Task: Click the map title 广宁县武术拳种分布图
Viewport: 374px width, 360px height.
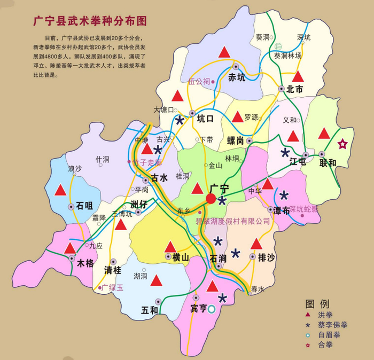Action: coord(90,21)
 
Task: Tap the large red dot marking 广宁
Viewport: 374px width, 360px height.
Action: coord(211,199)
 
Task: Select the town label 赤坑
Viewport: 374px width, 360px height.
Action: coord(237,77)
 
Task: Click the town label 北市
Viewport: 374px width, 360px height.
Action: coord(294,90)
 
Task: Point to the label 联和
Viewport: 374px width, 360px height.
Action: coord(328,162)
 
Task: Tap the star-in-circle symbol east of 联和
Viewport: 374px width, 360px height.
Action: coord(342,144)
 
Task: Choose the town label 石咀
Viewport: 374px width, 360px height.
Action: coord(84,206)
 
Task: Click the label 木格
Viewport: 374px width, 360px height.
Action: coord(85,263)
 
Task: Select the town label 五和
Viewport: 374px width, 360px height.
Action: coord(150,309)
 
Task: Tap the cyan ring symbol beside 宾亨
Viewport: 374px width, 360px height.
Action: coord(212,308)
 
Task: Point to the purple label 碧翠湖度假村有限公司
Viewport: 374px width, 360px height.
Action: coord(233,221)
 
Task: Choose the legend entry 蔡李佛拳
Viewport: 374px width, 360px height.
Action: coord(332,325)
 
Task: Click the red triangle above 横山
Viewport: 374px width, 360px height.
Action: coord(170,246)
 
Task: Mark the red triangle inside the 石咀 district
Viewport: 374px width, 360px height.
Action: coord(60,190)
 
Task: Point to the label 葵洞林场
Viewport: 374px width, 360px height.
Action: coord(288,56)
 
